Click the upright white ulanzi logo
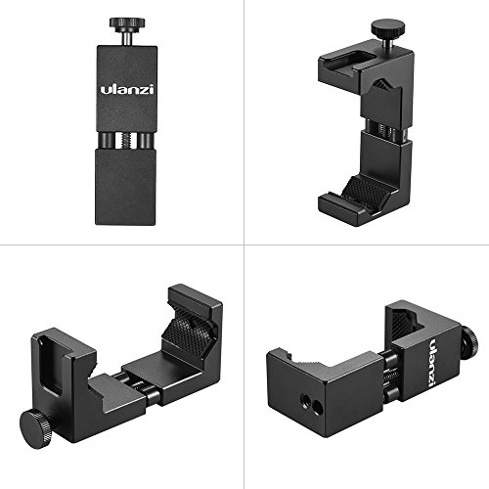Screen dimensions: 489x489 click(x=127, y=89)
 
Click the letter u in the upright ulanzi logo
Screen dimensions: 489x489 click(x=106, y=90)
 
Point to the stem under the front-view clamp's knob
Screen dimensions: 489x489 click(x=127, y=37)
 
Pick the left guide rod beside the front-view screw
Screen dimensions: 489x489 click(x=106, y=141)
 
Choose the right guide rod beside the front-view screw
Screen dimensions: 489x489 click(x=146, y=141)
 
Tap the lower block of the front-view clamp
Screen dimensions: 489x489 click(x=126, y=187)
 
